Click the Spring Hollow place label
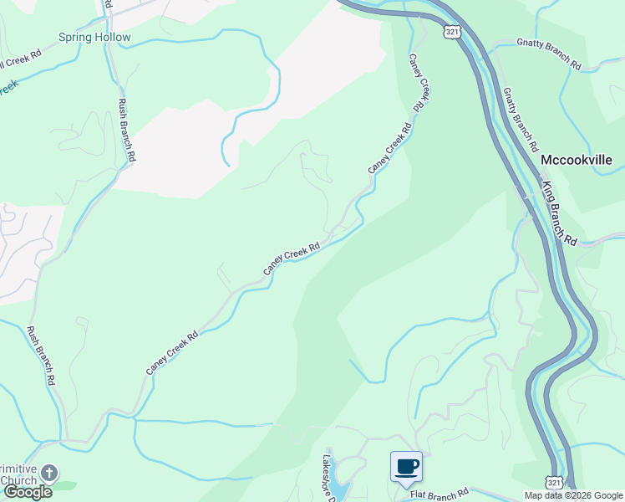94,38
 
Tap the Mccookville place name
577,160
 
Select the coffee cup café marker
406,467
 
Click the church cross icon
49,474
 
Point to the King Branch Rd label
559,213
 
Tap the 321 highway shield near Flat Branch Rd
554,484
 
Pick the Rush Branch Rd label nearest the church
41,355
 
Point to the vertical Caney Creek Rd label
419,83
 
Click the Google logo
28,492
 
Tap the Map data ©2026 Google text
573,495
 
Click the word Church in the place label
18,480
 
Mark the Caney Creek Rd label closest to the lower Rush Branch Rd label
171,353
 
